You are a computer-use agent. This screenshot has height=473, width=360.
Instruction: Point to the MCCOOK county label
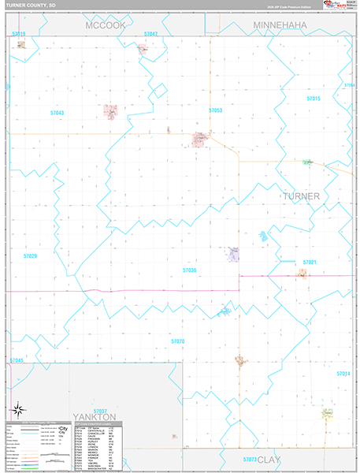coord(106,25)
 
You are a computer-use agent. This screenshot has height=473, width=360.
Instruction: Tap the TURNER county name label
coord(301,196)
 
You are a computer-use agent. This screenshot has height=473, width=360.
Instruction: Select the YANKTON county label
coord(94,416)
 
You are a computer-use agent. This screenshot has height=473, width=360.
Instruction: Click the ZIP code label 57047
coord(150,34)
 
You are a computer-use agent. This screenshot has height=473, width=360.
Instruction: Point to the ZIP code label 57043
coord(57,113)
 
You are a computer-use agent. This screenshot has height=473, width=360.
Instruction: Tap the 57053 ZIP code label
coord(215,110)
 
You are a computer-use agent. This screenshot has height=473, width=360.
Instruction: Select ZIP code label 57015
coord(314,99)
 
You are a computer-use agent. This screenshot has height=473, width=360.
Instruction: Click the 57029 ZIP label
coord(30,256)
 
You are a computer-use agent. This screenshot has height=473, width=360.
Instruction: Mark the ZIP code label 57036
coord(189,270)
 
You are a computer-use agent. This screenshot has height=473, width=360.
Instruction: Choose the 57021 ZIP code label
coord(310,262)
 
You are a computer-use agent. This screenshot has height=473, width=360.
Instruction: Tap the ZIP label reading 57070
coord(177,341)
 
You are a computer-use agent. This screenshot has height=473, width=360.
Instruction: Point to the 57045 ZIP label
coord(17,360)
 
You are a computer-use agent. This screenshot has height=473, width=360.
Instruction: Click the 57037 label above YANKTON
coord(99,410)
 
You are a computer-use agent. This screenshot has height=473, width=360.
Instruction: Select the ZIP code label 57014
coord(342,373)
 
